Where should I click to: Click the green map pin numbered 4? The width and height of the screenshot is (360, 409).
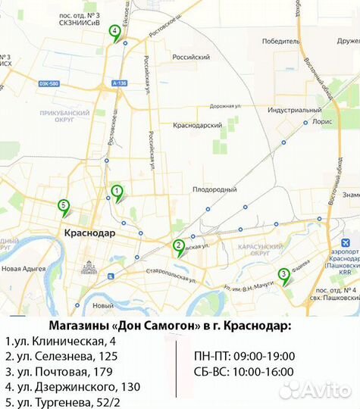(x=114, y=32)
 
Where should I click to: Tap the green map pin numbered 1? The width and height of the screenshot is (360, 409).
(x=117, y=191)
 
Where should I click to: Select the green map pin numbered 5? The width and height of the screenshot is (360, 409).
(x=64, y=204)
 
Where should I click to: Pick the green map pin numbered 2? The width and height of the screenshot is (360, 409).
(x=178, y=245)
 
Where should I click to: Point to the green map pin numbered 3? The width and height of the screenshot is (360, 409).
(x=283, y=274)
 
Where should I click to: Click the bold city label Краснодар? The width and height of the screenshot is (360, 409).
(x=89, y=233)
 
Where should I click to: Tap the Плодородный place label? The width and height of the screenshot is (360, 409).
(x=216, y=189)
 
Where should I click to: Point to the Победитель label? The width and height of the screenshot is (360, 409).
(x=280, y=42)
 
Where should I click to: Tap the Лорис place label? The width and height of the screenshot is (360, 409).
(x=321, y=120)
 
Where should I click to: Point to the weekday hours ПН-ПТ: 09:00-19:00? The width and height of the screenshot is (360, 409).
(x=244, y=356)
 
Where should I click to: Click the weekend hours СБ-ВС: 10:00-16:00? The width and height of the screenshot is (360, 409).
(x=244, y=373)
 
